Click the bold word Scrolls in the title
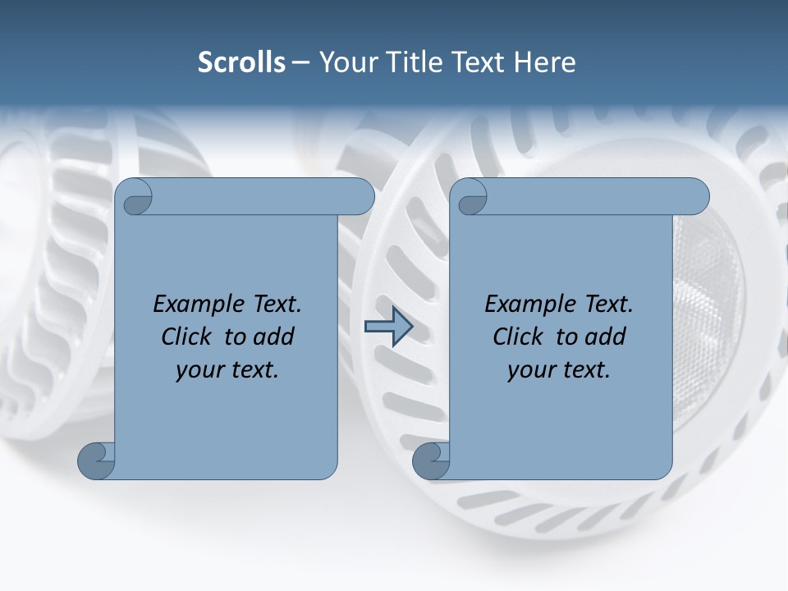[241, 62]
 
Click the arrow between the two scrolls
[388, 328]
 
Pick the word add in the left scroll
[273, 337]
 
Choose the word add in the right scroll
[605, 337]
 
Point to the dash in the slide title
[300, 63]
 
